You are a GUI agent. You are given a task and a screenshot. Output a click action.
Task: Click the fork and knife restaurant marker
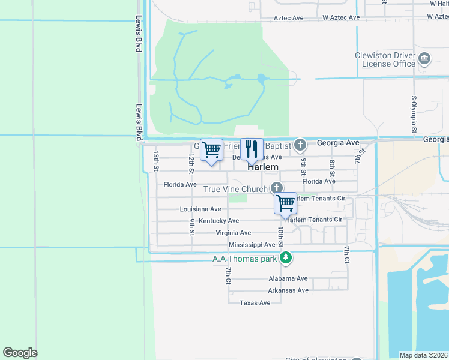coord(252,149)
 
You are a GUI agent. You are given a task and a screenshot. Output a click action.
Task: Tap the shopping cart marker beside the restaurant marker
coord(211,150)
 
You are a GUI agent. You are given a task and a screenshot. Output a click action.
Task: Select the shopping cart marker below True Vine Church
coord(286,203)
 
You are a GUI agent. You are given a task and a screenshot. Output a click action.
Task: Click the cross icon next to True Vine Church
coord(276,188)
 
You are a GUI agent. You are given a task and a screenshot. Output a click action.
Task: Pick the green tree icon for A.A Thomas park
coord(287,259)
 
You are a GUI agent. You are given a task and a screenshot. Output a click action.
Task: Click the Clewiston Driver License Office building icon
coord(425,59)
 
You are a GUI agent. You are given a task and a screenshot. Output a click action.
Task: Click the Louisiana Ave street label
coord(200,209)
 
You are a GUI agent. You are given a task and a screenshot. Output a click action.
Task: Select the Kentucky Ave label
coord(219,221)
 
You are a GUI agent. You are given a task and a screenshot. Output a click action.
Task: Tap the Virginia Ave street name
coord(234,233)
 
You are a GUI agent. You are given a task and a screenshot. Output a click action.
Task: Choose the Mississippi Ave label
coord(252,245)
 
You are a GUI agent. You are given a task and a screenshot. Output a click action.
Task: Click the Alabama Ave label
coord(288,278)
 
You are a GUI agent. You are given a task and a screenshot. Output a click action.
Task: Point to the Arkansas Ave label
coord(288,290)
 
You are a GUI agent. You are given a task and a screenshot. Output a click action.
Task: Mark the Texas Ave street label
coord(255,303)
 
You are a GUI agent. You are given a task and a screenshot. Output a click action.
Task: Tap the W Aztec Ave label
coord(341,17)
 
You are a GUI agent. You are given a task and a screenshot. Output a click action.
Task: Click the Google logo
coord(20,353)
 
